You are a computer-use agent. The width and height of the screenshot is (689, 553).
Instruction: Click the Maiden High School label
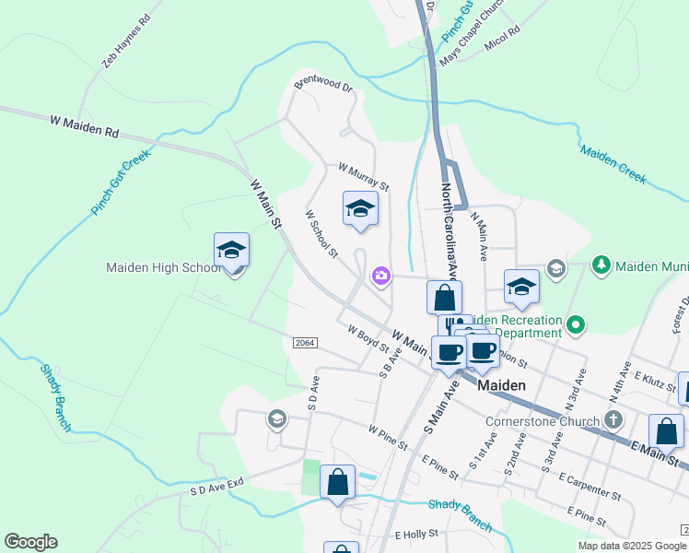pyautogui.click(x=162, y=267)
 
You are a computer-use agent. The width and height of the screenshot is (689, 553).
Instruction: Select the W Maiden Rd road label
pyautogui.click(x=86, y=126)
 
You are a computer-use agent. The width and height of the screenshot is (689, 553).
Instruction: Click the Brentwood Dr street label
pyautogui.click(x=323, y=84)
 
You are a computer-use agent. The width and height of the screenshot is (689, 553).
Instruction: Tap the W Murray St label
pyautogui.click(x=364, y=176)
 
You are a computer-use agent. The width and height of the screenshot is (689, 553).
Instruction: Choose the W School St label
pyautogui.click(x=322, y=234)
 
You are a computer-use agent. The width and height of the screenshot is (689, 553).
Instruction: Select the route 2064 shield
pyautogui.click(x=305, y=343)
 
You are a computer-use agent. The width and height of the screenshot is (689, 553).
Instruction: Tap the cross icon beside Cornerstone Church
pyautogui.click(x=614, y=420)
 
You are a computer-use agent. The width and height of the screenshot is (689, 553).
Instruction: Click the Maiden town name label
pyautogui.click(x=501, y=385)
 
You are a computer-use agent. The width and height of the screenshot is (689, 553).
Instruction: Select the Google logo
pyautogui.click(x=30, y=542)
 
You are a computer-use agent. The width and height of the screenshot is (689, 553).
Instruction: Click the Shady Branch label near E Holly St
pyautogui.click(x=461, y=513)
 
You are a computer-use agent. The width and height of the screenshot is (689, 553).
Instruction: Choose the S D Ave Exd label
pyautogui.click(x=216, y=485)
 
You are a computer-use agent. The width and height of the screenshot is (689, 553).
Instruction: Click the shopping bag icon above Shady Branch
pyautogui.click(x=337, y=482)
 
